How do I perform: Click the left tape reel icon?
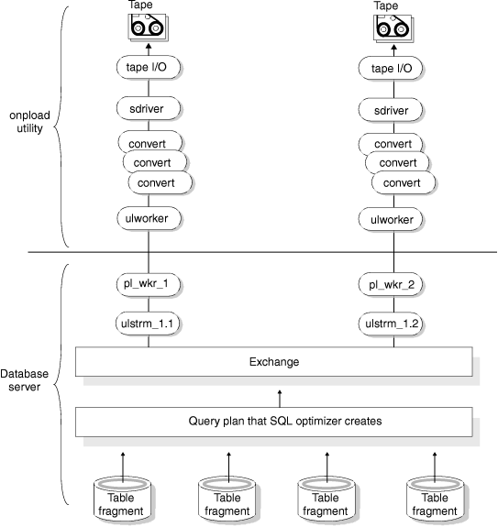148,29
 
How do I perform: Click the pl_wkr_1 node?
147,284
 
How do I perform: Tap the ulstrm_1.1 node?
147,324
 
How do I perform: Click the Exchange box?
273,362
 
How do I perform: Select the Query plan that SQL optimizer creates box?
273,421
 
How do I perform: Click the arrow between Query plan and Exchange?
280,395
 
